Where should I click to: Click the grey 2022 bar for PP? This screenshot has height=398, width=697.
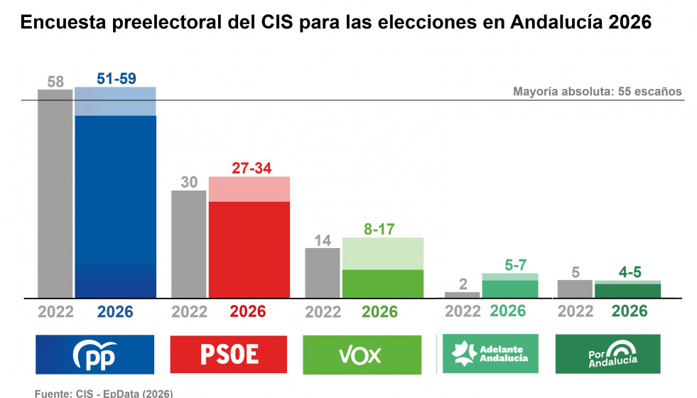tap(55, 193)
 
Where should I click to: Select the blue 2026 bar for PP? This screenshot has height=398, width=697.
tap(115, 206)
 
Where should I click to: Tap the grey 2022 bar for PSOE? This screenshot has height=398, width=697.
tap(189, 244)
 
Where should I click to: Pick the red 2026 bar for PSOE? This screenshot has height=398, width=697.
tap(249, 249)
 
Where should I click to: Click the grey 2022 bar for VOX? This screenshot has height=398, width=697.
tap(323, 272)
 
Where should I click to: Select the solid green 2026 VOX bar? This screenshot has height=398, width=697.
tap(383, 284)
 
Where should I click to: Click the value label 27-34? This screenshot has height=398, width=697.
tap(249, 168)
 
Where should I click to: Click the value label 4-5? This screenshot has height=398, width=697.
tap(627, 271)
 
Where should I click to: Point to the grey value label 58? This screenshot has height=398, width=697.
tap(55, 81)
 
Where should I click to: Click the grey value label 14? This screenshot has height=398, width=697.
tap(323, 240)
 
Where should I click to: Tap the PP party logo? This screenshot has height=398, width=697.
tap(95, 355)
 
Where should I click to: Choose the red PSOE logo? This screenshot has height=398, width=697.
tap(229, 355)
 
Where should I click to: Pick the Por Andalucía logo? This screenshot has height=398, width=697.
tap(607, 354)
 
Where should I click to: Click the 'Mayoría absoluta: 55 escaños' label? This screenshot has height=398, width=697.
tap(597, 92)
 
